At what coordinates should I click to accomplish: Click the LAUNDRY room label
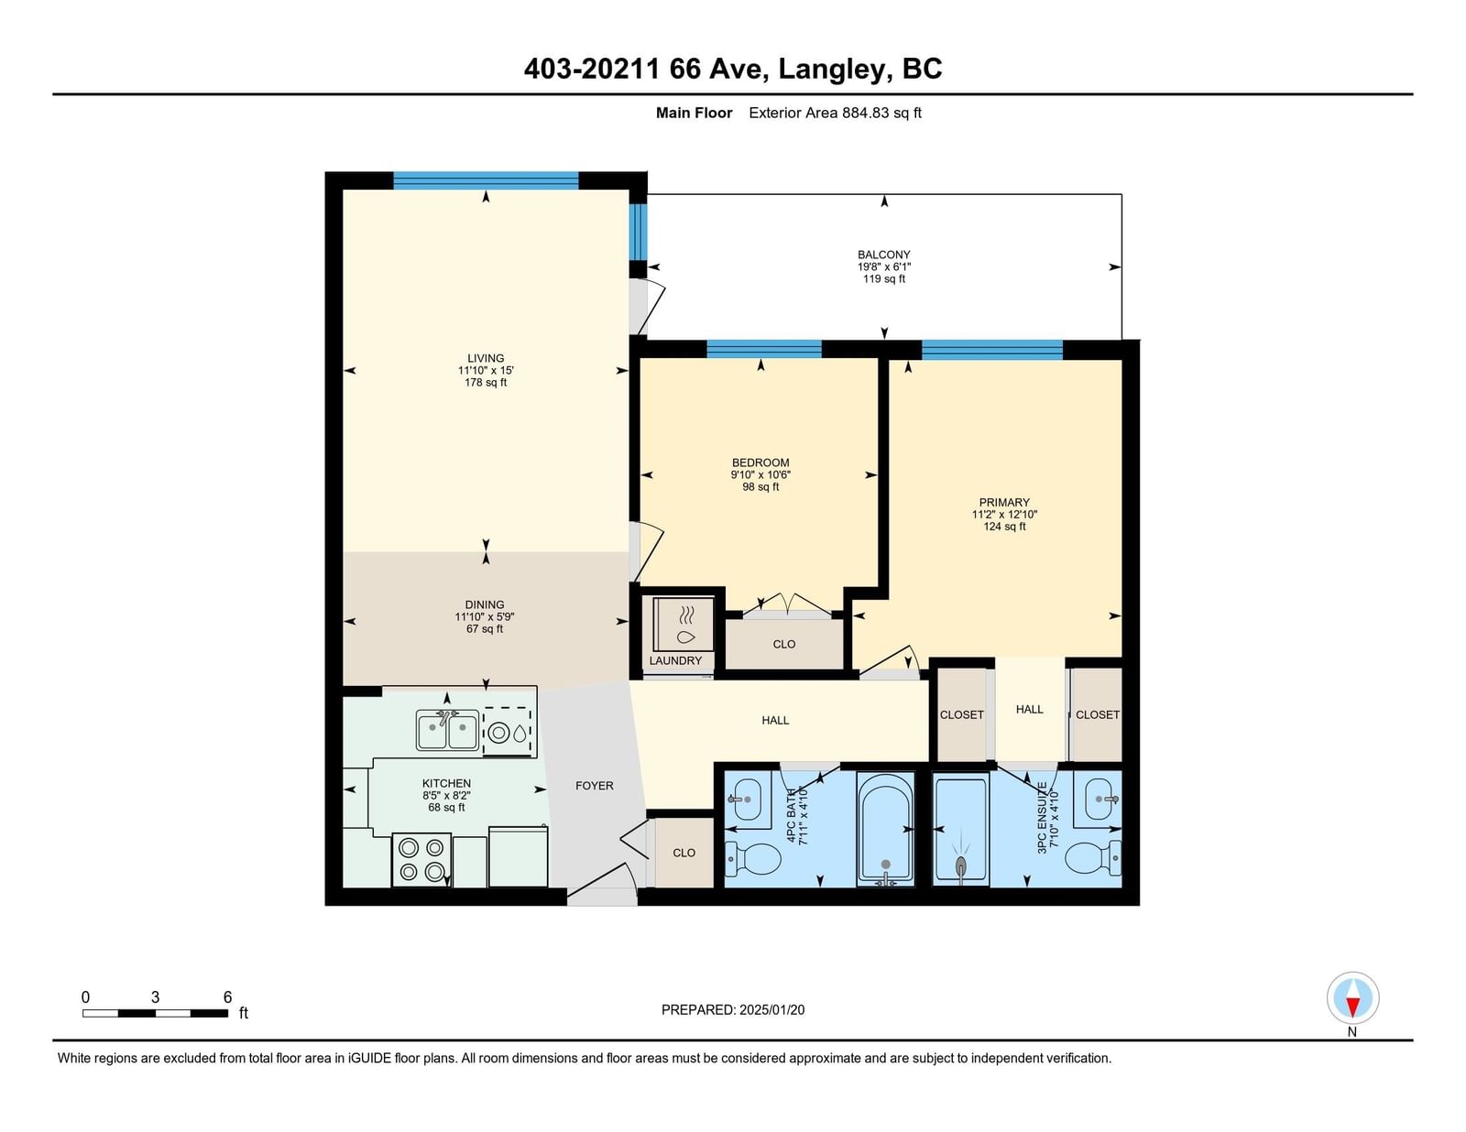(x=675, y=660)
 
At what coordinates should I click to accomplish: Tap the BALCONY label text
(x=884, y=255)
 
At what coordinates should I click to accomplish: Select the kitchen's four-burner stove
(x=421, y=860)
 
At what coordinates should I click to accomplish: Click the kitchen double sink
(x=447, y=730)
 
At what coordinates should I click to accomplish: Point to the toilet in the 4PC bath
(x=752, y=859)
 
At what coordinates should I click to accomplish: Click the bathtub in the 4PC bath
(x=885, y=829)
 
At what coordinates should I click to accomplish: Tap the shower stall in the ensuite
(x=961, y=829)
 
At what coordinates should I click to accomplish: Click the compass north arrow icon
(x=1352, y=998)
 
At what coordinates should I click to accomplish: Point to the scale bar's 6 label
(x=227, y=997)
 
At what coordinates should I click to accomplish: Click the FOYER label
(x=595, y=786)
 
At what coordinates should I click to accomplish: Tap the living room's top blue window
(x=486, y=180)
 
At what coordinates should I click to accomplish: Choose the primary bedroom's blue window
(x=991, y=350)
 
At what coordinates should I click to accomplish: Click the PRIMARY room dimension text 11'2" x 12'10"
(x=1004, y=515)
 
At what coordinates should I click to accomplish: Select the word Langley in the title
(x=831, y=69)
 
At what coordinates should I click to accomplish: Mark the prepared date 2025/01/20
(x=771, y=1010)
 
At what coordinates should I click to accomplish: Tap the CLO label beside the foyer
(x=684, y=853)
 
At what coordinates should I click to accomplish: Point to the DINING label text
(x=485, y=604)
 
